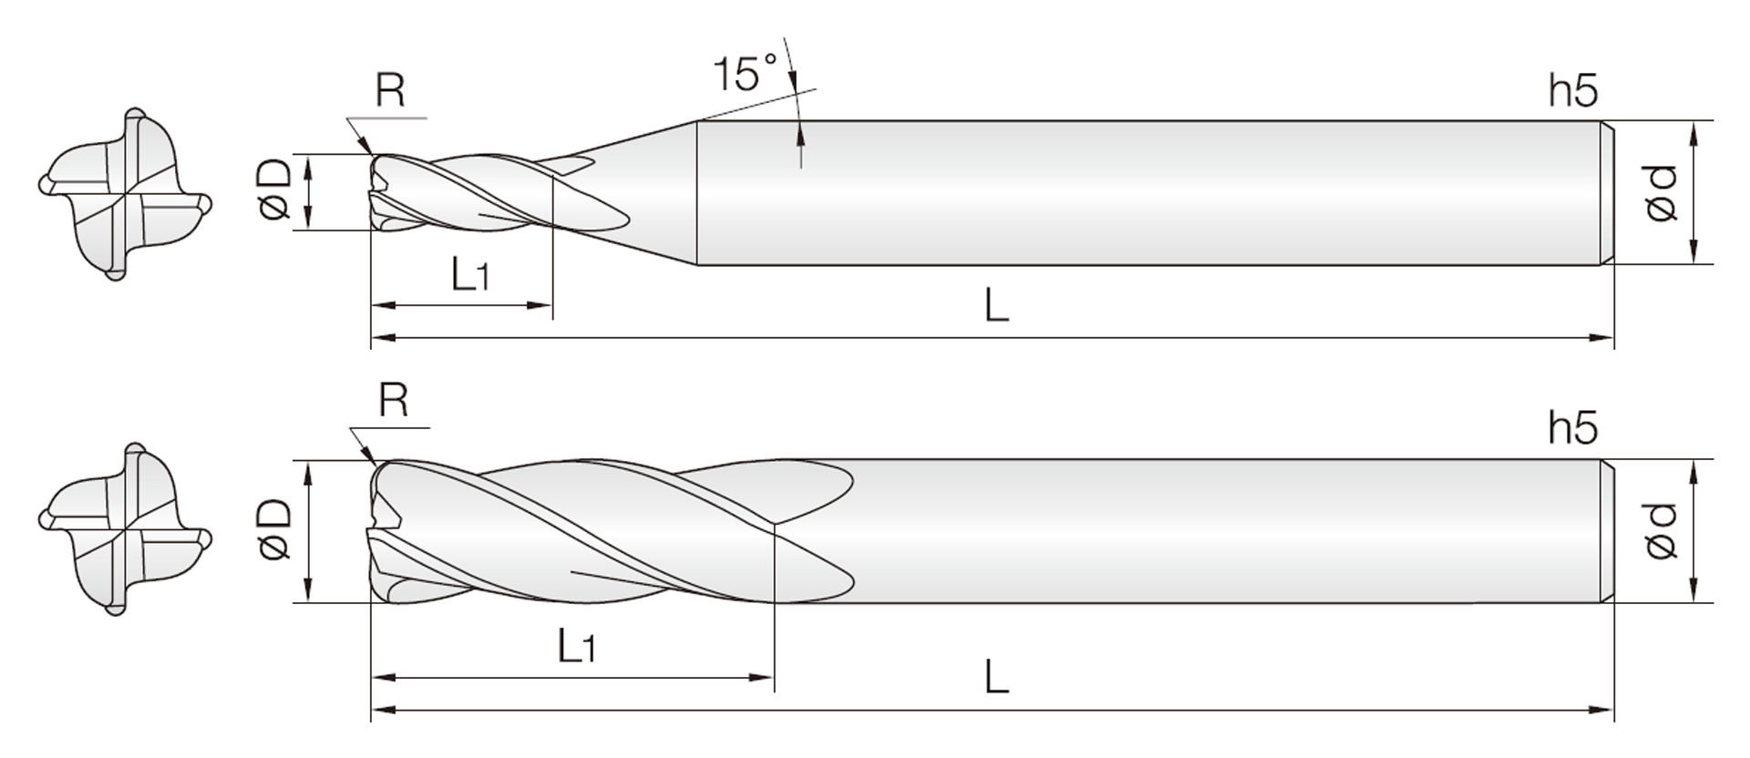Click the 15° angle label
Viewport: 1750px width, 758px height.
click(x=745, y=73)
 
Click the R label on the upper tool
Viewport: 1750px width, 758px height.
click(x=390, y=90)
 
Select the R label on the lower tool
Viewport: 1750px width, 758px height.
click(x=393, y=400)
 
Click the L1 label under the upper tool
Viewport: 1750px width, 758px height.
click(x=469, y=272)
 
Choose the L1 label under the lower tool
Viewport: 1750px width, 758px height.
click(x=576, y=646)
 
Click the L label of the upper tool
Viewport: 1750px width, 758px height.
click(x=996, y=305)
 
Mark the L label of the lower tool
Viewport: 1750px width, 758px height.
click(x=996, y=677)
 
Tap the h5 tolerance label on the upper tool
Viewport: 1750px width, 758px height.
click(x=1572, y=91)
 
